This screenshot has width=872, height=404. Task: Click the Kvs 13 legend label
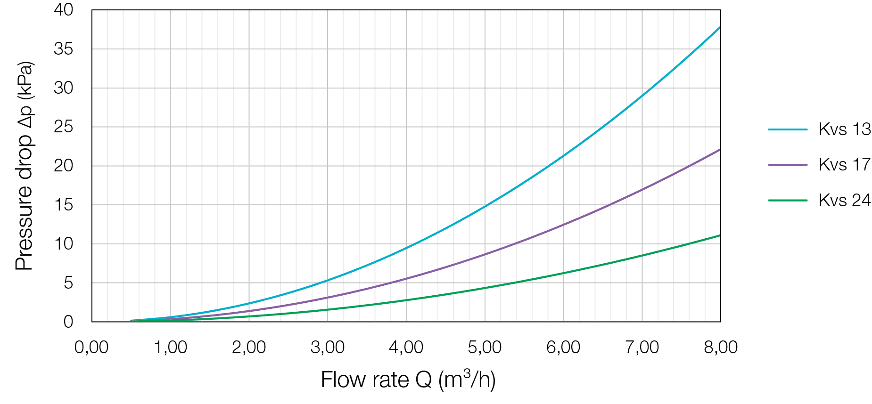point(844,129)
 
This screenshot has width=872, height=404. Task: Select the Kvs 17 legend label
point(844,164)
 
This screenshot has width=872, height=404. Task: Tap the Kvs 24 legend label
point(844,200)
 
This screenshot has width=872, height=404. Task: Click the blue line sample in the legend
point(788,129)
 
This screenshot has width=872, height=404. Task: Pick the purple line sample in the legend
point(788,164)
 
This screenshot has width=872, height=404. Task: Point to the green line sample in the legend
point(788,200)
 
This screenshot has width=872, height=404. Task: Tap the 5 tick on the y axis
point(69,283)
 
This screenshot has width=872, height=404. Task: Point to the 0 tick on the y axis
point(69,322)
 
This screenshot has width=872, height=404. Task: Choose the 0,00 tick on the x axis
point(92,347)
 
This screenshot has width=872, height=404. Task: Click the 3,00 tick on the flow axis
point(328,347)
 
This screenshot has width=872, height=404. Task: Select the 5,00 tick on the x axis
point(485,347)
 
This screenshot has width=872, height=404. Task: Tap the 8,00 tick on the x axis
point(720,347)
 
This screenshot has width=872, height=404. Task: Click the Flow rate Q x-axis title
point(408,380)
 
